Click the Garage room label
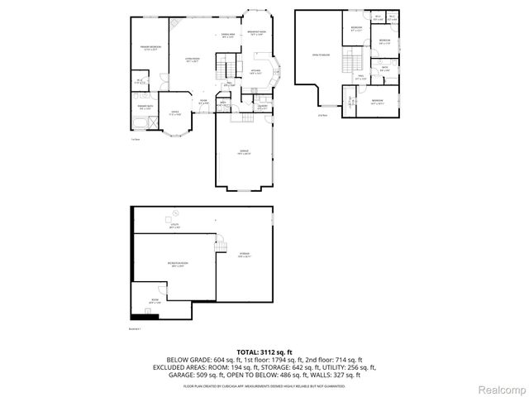point(244,151)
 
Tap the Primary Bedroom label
point(150,49)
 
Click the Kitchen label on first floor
point(255,73)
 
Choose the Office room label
point(175,112)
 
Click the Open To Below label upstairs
point(320,55)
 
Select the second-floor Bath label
point(384,70)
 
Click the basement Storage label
point(245,254)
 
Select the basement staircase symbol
point(220,244)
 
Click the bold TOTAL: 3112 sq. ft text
point(264,352)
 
